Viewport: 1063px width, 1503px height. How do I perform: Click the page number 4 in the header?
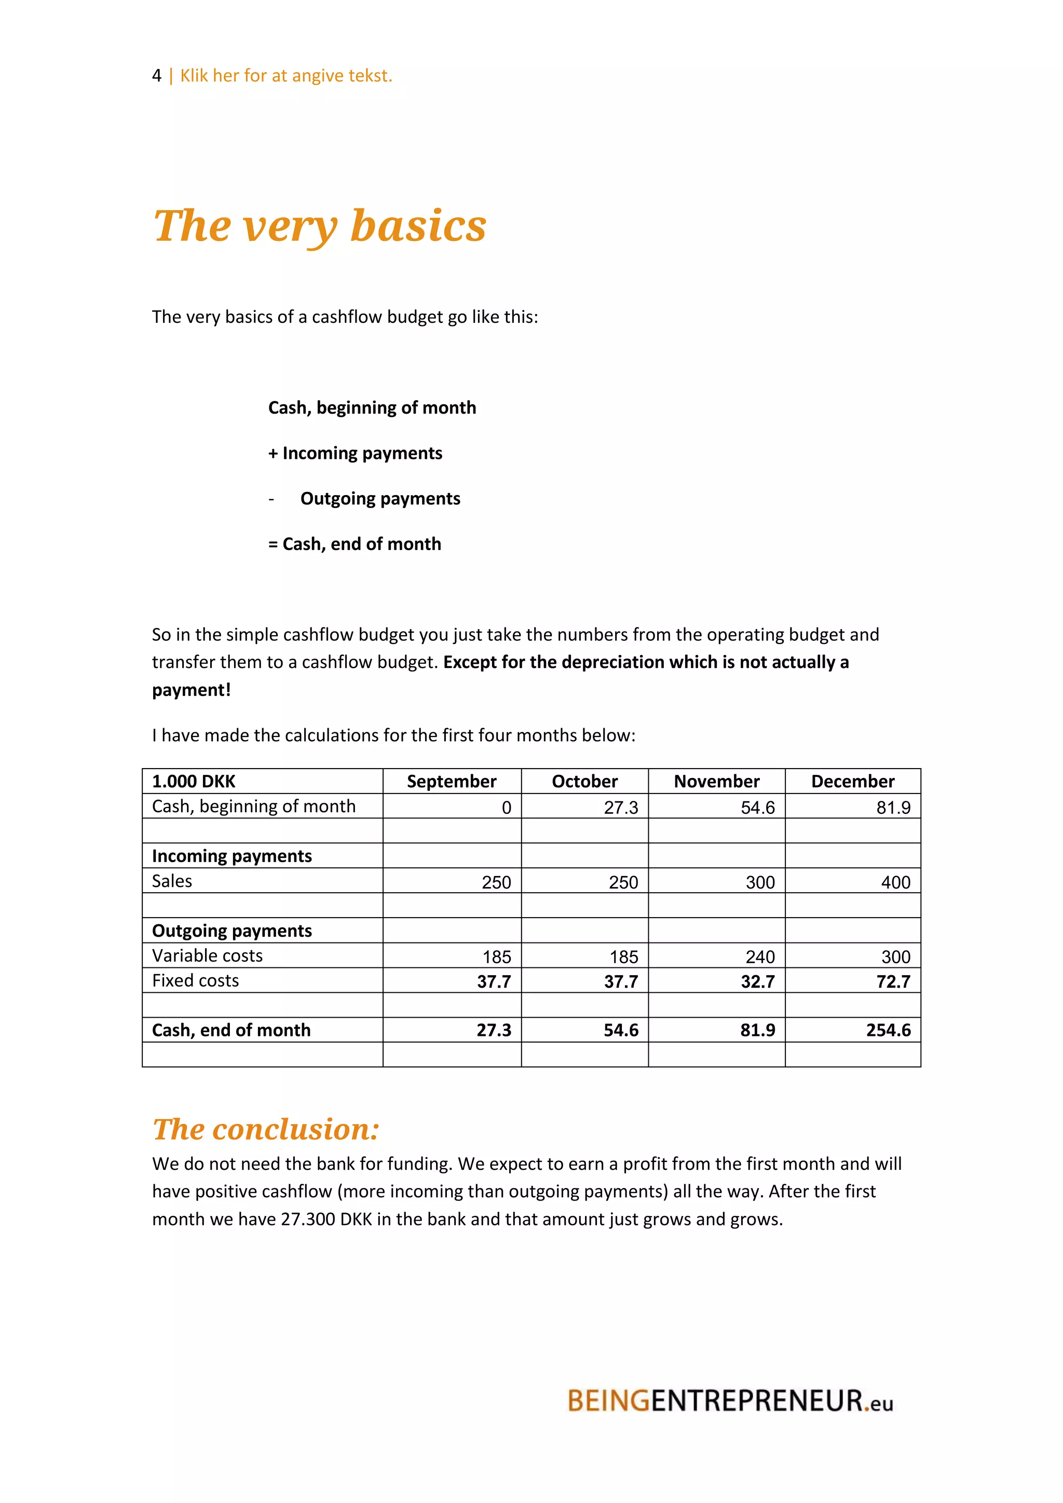coord(156,76)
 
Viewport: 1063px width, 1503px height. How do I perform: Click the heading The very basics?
coord(319,226)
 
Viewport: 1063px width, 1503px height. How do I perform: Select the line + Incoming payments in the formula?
coord(356,453)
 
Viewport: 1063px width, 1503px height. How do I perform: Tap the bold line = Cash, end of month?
coord(355,544)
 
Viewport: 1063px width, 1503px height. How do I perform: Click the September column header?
coord(452,781)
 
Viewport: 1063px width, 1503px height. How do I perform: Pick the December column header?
coord(852,781)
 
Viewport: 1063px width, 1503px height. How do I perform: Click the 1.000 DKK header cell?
coord(194,781)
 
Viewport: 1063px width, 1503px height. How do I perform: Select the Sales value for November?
coord(760,882)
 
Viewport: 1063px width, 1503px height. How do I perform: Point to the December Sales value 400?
coord(895,882)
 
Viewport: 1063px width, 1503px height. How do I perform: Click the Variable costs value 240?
coord(760,957)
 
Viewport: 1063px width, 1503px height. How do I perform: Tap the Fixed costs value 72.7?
coord(893,982)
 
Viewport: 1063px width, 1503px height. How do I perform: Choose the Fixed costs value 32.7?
coord(757,982)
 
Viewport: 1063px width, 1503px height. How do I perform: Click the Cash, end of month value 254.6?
coord(888,1030)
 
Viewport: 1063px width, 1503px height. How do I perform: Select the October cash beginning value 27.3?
coord(621,808)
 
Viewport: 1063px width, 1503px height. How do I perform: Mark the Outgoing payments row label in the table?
coord(231,931)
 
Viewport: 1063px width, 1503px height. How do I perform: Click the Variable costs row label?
coord(208,956)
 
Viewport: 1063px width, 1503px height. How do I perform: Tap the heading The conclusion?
coord(266,1129)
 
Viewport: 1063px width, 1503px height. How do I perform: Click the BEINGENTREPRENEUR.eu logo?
coord(730,1401)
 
